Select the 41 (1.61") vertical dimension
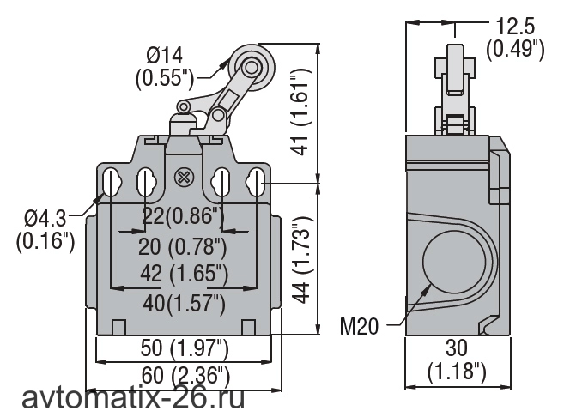300,112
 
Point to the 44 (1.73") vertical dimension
300,260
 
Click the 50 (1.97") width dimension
185,348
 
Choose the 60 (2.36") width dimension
185,375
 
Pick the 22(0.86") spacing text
183,215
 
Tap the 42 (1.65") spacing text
185,274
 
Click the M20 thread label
360,327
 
